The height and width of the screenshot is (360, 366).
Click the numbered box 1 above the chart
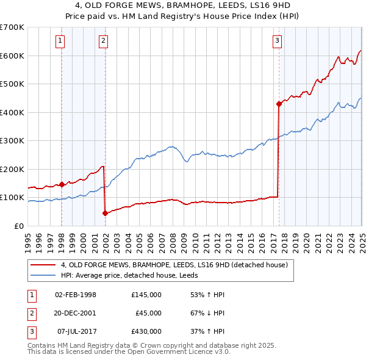61,41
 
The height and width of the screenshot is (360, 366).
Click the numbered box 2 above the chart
104,41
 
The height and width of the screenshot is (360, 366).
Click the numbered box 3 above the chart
277,41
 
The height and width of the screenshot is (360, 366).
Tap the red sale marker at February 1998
62,184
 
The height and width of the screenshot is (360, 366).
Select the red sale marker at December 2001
105,213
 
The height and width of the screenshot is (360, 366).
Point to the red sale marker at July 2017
279,104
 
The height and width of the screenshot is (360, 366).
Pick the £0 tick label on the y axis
18,226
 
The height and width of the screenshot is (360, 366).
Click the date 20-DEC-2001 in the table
76,313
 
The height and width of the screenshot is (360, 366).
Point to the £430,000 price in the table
146,331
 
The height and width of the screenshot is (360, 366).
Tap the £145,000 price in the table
146,295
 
